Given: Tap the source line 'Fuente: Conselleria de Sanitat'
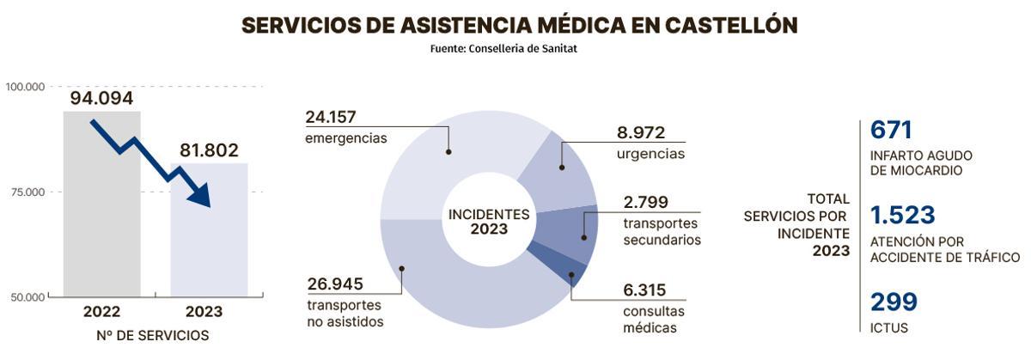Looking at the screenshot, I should click(x=503, y=49).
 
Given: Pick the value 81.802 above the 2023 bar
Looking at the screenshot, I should click(x=209, y=150).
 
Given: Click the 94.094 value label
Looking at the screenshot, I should click(x=101, y=99).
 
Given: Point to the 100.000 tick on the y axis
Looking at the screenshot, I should click(x=25, y=87).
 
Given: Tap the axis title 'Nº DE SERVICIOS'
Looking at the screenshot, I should click(x=153, y=336).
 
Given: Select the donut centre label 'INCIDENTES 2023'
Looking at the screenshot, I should click(x=489, y=222).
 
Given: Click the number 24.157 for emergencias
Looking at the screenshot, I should click(x=331, y=118).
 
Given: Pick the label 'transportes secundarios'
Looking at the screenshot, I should click(x=662, y=232).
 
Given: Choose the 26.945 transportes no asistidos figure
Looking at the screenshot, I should click(x=335, y=284).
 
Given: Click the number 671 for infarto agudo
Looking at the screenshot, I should click(x=891, y=131).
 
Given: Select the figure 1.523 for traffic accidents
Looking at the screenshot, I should click(x=902, y=215).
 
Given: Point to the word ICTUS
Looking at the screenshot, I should click(x=889, y=328).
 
